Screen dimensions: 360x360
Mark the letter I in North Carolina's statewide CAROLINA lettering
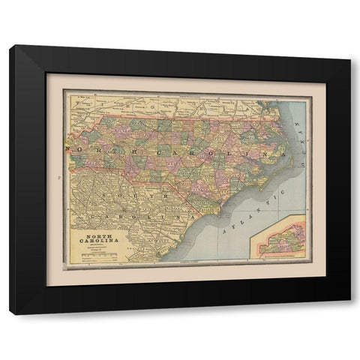(x=232, y=151)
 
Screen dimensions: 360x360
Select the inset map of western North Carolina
(x=280, y=238)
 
